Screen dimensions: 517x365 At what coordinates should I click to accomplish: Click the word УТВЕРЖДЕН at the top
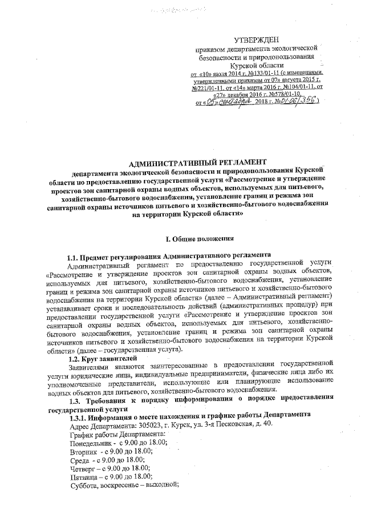[x=256, y=39]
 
